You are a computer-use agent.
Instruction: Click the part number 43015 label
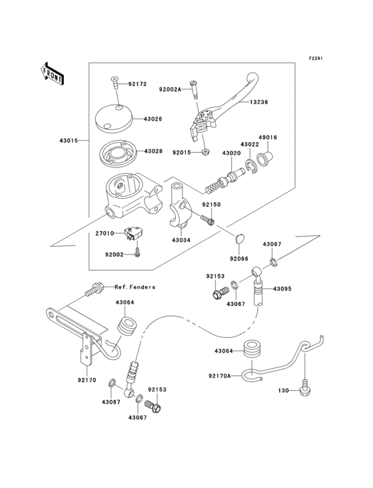69,141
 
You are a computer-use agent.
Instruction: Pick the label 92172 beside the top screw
137,84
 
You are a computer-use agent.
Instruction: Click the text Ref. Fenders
135,287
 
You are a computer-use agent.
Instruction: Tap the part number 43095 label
282,289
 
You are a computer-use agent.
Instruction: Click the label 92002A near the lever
171,89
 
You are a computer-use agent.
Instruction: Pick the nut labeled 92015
207,153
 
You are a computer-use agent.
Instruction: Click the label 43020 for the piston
231,153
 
